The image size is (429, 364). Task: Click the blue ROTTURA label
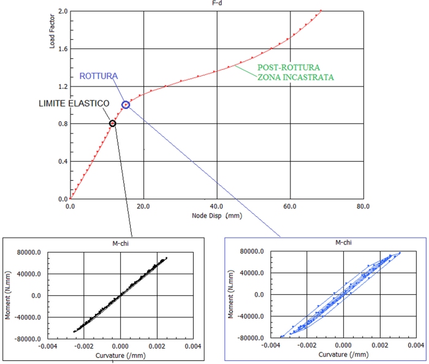click(x=99, y=76)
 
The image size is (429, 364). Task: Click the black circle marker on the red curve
click(x=112, y=123)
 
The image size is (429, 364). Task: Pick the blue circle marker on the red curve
click(x=126, y=105)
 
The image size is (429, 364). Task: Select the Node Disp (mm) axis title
click(x=216, y=216)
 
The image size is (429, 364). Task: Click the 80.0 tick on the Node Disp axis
click(x=363, y=206)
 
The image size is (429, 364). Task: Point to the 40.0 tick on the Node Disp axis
click(x=216, y=206)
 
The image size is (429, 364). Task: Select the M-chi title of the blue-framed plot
click(x=344, y=244)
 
